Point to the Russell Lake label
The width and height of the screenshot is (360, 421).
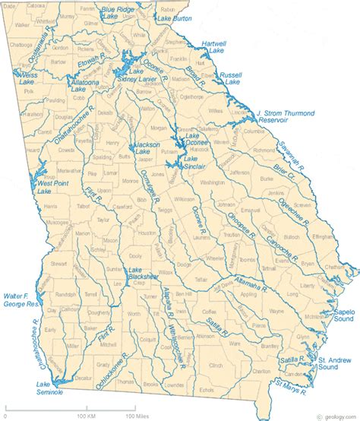pos(230,80)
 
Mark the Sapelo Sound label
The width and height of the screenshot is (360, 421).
pos(338,316)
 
